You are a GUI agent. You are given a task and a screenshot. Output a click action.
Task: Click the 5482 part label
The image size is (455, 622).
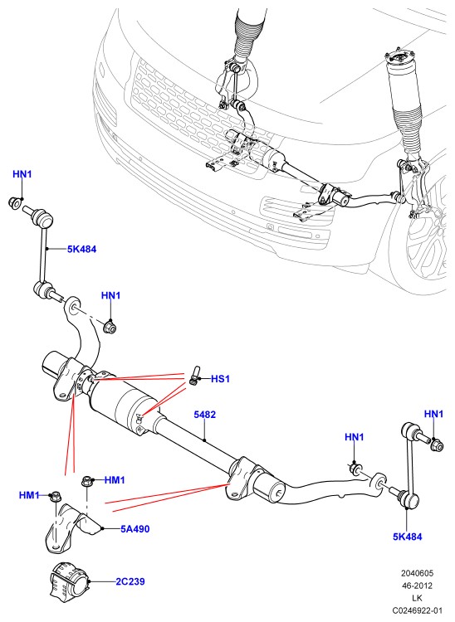click(x=204, y=415)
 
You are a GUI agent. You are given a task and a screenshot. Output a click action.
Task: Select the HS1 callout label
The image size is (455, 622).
click(x=220, y=379)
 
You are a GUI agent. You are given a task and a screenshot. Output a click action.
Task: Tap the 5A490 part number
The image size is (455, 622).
click(x=135, y=529)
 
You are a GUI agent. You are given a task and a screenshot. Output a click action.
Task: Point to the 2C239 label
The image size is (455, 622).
click(x=130, y=581)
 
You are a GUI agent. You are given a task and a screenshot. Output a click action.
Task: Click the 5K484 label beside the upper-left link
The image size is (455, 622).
click(x=82, y=249)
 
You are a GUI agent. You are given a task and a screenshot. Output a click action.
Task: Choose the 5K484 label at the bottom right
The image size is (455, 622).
click(x=408, y=537)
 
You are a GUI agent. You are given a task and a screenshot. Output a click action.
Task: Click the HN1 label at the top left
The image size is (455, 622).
click(x=22, y=174)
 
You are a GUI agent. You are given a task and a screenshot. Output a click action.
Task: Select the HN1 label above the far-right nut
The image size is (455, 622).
click(x=433, y=414)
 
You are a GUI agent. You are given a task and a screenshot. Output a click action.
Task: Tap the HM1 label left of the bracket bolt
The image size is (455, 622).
click(x=29, y=495)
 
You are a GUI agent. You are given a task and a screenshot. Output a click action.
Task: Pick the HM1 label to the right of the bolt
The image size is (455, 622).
click(x=115, y=480)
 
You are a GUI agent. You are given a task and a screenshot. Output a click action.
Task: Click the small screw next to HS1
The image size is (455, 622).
click(x=194, y=375)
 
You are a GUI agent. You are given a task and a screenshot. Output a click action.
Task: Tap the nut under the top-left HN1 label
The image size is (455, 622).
click(x=15, y=202)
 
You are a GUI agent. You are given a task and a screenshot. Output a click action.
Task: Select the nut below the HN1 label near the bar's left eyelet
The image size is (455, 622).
click(x=110, y=328)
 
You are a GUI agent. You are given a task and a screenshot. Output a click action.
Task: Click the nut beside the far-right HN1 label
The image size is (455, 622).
click(x=437, y=445)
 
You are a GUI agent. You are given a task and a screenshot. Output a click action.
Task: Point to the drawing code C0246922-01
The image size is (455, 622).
click(x=417, y=610)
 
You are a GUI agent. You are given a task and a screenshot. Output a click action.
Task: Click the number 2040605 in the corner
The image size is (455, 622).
click(x=417, y=573)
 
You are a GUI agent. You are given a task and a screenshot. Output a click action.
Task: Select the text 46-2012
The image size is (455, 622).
click(x=417, y=586)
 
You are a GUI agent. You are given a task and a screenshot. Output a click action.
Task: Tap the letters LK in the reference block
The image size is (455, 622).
click(x=418, y=598)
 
